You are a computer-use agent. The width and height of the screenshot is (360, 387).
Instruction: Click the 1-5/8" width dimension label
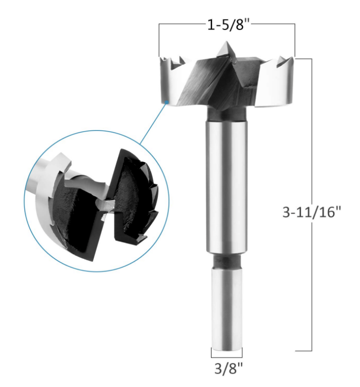point(228,25)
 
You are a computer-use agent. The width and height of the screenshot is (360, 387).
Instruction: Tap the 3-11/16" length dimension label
point(312,212)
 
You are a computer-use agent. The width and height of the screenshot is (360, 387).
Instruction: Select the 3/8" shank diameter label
point(228,368)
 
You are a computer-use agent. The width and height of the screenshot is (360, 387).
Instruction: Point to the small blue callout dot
point(167,102)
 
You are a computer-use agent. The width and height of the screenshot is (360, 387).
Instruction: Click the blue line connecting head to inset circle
point(153,123)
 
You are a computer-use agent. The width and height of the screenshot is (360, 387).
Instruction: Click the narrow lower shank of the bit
point(226,309)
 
